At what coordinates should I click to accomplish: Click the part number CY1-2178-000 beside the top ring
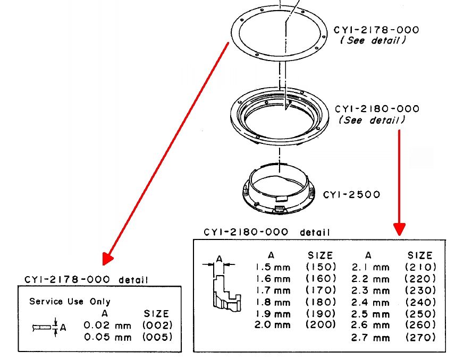coord(376,30)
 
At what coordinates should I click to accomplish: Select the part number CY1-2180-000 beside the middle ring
coord(377,109)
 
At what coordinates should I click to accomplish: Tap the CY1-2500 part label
coord(351,194)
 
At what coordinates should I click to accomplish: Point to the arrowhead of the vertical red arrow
coord(399,229)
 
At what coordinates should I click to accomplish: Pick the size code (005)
coord(157,337)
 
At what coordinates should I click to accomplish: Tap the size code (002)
coord(157,325)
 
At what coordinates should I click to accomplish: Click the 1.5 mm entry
coord(273,267)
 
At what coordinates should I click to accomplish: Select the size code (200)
coord(321,324)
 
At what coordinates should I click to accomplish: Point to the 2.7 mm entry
coord(370,337)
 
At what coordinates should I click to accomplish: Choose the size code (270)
coord(420,337)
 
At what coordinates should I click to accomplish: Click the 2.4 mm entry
coord(370,302)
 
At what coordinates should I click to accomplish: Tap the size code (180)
coord(321,302)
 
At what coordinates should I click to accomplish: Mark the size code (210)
coord(420,267)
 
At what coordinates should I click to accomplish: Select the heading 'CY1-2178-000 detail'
coord(87,279)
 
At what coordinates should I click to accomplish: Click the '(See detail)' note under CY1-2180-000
coord(372,121)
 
